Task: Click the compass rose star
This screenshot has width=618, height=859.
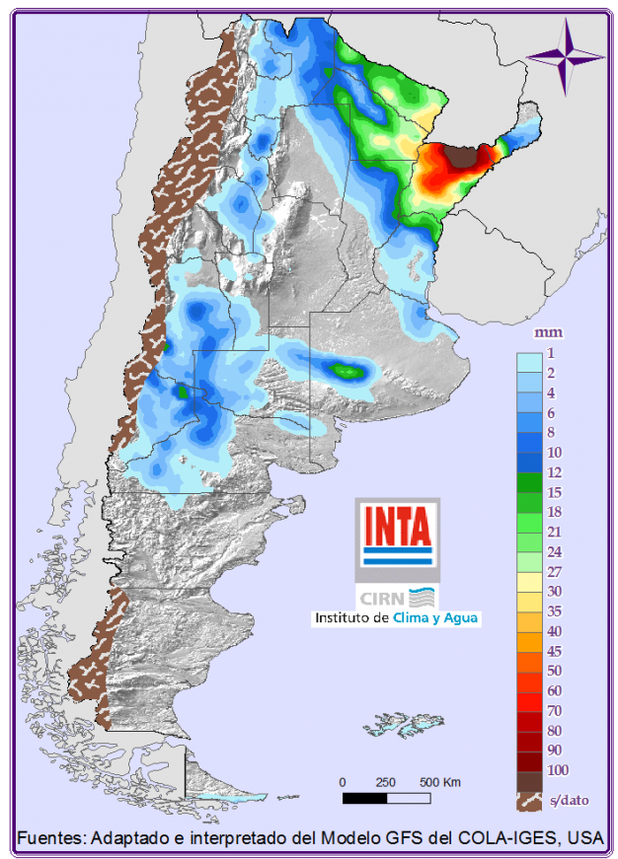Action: pyautogui.click(x=566, y=55)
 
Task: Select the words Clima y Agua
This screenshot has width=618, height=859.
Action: pyautogui.click(x=435, y=618)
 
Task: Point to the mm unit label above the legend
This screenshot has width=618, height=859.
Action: pyautogui.click(x=541, y=332)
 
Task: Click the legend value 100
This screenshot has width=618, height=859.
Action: pyautogui.click(x=556, y=769)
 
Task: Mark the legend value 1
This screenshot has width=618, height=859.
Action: pyautogui.click(x=552, y=353)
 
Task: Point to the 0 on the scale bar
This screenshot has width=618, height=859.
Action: pyautogui.click(x=343, y=782)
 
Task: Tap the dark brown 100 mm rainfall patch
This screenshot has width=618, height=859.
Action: pyautogui.click(x=460, y=155)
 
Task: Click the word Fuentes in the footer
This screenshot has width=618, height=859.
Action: pyautogui.click(x=49, y=838)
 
